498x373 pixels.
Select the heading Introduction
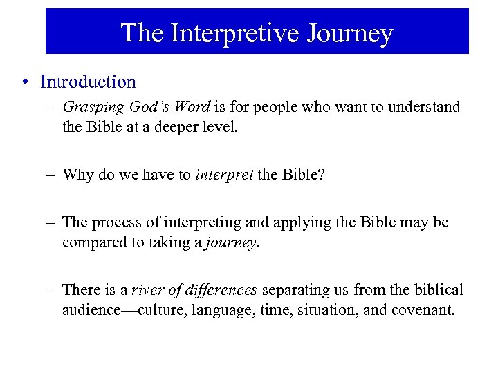coord(89,82)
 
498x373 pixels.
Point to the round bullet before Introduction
coord(25,82)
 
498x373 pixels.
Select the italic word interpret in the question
coord(224,174)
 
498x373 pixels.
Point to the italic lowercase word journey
coord(230,242)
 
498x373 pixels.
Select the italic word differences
coord(221,289)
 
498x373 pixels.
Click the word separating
coord(295,289)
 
